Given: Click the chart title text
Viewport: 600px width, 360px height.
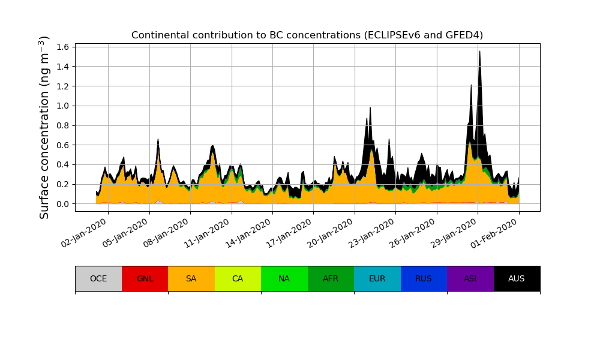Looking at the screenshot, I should [307, 35].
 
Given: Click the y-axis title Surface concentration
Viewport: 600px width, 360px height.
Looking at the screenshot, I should [44, 127].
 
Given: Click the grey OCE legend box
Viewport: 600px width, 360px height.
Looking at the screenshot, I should [98, 278].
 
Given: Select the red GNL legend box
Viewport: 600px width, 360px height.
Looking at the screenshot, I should [145, 278].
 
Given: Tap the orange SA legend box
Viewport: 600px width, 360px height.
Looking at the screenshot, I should [191, 278].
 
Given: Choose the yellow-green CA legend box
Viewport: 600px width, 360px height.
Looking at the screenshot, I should [238, 278].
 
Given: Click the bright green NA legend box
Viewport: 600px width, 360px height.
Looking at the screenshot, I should [284, 278].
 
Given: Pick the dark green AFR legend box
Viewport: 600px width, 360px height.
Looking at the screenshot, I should [331, 278].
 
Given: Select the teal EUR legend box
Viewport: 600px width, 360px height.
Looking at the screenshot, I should [377, 278].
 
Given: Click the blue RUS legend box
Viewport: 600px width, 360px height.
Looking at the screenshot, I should [424, 278].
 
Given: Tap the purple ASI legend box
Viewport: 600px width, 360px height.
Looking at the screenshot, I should [470, 278].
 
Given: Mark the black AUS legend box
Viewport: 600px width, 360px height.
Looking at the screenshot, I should [517, 278].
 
